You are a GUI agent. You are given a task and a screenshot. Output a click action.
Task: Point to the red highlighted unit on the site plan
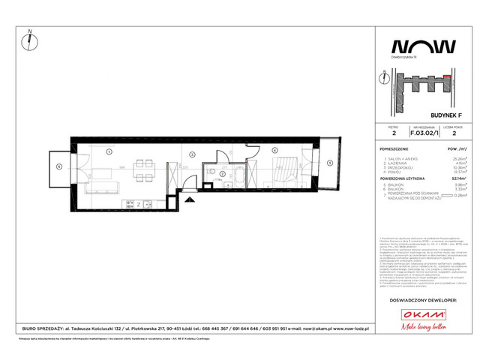pyautogui.click(x=448, y=76)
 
